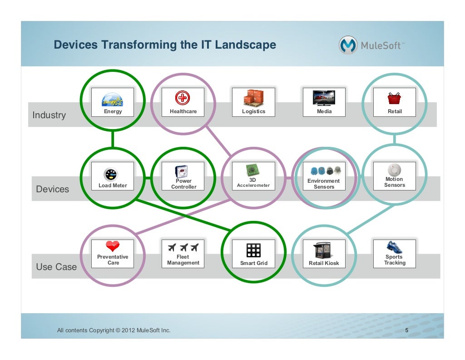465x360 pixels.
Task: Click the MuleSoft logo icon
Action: point(348,45)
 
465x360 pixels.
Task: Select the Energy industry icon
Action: point(112,99)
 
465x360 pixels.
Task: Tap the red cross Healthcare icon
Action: point(183,98)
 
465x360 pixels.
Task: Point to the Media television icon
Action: point(324,98)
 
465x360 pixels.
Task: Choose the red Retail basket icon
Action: point(394,98)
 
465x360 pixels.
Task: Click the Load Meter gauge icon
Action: point(112,174)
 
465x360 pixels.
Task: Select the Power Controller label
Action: point(183,184)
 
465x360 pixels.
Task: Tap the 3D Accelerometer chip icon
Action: point(253,170)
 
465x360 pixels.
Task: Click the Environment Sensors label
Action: point(324,184)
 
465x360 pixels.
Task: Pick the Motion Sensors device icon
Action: point(395,170)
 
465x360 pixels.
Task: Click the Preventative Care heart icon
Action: point(112,246)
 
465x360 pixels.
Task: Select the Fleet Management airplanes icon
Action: point(183,247)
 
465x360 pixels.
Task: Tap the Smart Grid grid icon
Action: point(253,250)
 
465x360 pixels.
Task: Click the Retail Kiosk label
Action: point(324,263)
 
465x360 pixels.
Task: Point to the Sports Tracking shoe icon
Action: point(394,247)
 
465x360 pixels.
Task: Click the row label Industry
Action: point(49,115)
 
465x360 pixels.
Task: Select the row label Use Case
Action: point(56,267)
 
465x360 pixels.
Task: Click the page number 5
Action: point(407,330)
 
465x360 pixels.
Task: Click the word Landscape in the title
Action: point(245,45)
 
